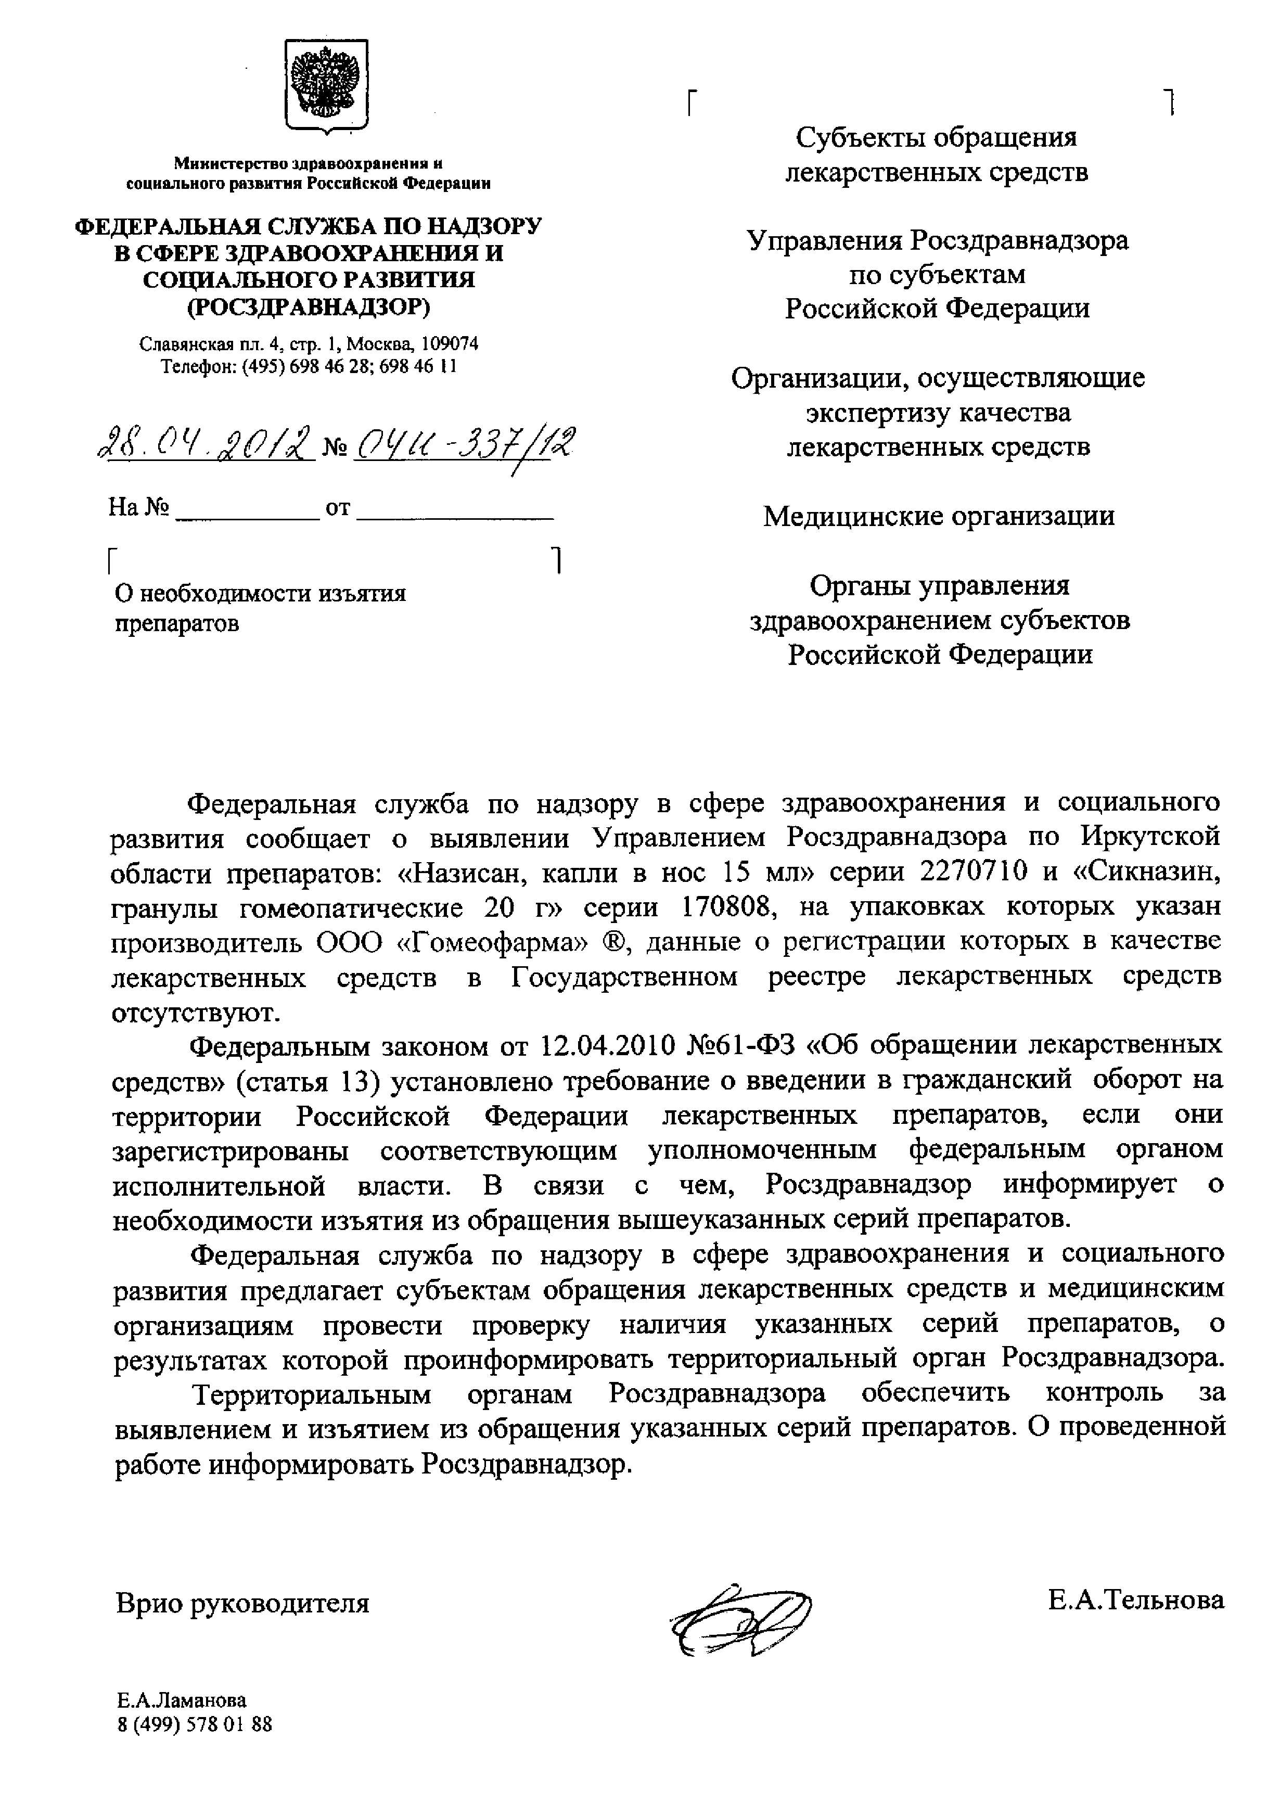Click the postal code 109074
450,344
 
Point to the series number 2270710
974,872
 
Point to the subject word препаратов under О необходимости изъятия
177,623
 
